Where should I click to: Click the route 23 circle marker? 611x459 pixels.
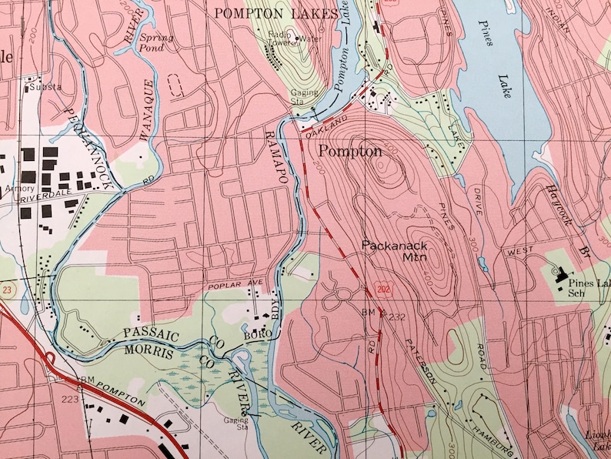[6, 289]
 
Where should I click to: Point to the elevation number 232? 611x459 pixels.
[396, 317]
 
